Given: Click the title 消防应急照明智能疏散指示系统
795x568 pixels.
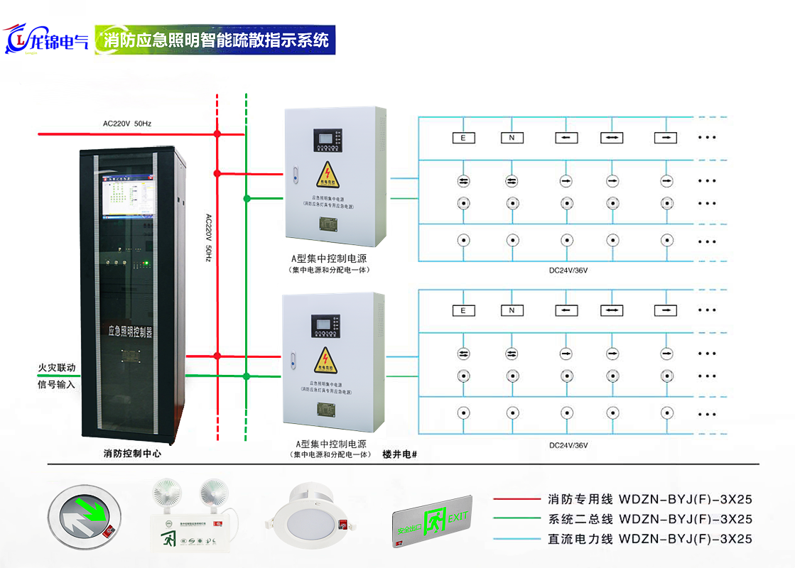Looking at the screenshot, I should coord(215,40).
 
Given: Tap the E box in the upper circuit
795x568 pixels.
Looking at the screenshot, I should coord(463,138).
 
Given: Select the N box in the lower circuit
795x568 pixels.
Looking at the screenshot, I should coord(512,310).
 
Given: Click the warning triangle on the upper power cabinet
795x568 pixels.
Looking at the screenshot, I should coord(328,175).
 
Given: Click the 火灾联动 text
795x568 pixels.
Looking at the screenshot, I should coord(56,369).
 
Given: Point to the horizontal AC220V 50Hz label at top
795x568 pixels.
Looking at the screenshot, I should coord(127,124).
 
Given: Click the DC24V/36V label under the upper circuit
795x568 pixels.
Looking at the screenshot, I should coord(568,271).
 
